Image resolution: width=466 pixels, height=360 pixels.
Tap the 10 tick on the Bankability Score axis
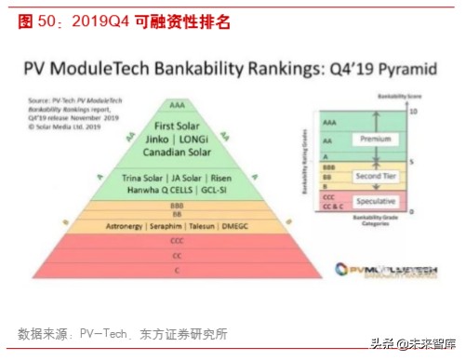[413, 111]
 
